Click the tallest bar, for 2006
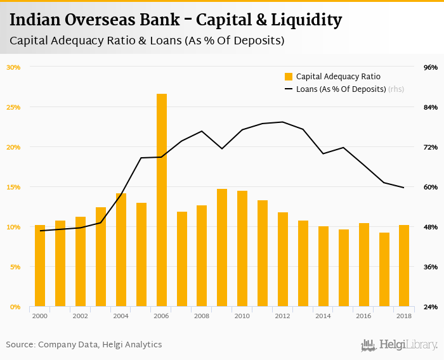click(x=162, y=200)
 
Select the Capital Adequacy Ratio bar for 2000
click(x=40, y=266)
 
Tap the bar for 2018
click(x=404, y=266)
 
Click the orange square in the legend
click(x=289, y=77)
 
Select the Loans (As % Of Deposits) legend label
click(x=341, y=89)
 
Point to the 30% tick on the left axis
click(x=13, y=67)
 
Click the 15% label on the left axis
click(x=13, y=187)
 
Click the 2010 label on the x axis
click(x=242, y=316)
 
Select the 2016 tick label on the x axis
click(x=363, y=316)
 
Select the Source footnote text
click(x=84, y=345)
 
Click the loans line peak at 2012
click(x=283, y=122)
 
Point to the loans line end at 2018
click(x=404, y=188)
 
